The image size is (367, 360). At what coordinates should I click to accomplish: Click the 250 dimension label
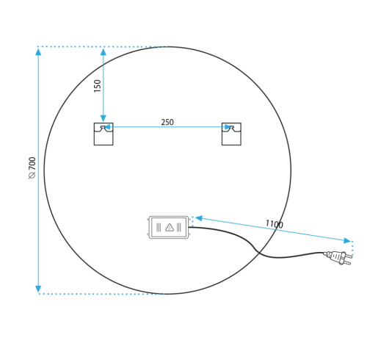coord(167,122)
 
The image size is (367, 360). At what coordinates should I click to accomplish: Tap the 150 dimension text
coord(98,86)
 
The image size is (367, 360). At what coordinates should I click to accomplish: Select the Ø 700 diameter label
coord(32,168)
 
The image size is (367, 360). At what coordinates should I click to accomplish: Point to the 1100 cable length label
coord(275,224)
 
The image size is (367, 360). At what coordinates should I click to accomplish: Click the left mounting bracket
coord(103,134)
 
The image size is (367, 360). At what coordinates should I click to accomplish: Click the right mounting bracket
coord(231,134)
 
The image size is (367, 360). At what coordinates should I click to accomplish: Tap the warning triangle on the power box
coord(170,228)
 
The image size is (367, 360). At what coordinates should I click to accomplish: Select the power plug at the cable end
coord(338,257)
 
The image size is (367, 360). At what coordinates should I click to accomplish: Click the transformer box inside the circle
coord(169,227)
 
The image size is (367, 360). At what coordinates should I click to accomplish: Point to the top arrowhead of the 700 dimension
coord(38,51)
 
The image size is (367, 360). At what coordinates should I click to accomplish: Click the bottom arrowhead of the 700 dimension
coord(38,289)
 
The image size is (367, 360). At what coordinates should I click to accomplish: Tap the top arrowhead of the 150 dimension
coord(103,51)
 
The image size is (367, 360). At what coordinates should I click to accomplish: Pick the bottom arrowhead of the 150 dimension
coord(103,118)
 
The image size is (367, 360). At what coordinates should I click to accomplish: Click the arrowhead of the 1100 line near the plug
coord(347,240)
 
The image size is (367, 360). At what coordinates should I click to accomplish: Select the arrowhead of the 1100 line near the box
coord(199,218)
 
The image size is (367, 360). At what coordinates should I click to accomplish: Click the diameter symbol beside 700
coord(32,176)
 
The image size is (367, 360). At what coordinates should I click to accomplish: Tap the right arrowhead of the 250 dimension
coord(228,127)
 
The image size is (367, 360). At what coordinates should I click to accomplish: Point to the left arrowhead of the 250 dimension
coord(107,127)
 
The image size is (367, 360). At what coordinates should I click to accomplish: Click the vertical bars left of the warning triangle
coord(159,227)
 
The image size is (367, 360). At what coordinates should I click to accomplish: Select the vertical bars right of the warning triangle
coord(179,227)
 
